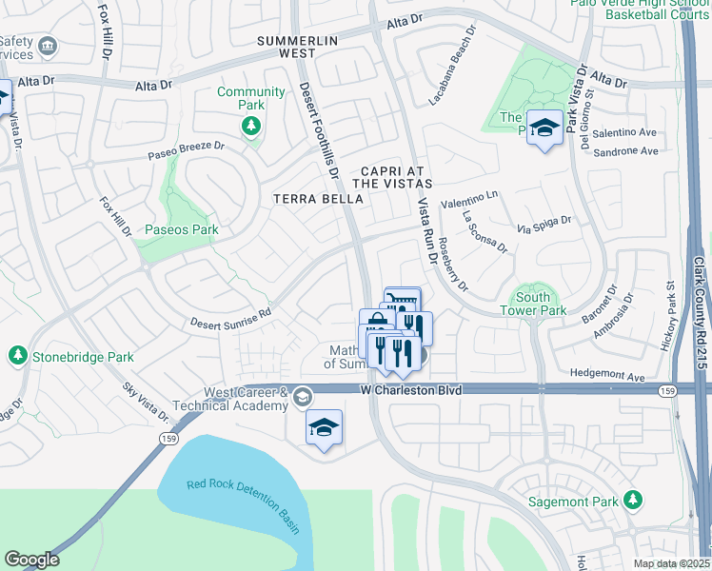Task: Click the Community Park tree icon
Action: click(251, 126)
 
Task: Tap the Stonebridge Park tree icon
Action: click(17, 356)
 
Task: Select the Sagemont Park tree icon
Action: click(632, 501)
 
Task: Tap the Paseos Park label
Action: click(182, 229)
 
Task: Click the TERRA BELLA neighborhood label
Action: click(318, 199)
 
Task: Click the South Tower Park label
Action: click(533, 305)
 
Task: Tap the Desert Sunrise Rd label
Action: click(230, 315)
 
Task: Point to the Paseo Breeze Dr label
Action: click(186, 151)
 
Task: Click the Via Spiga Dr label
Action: click(544, 225)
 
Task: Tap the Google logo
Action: click(31, 560)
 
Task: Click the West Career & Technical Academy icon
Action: click(303, 397)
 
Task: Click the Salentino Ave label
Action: click(625, 133)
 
